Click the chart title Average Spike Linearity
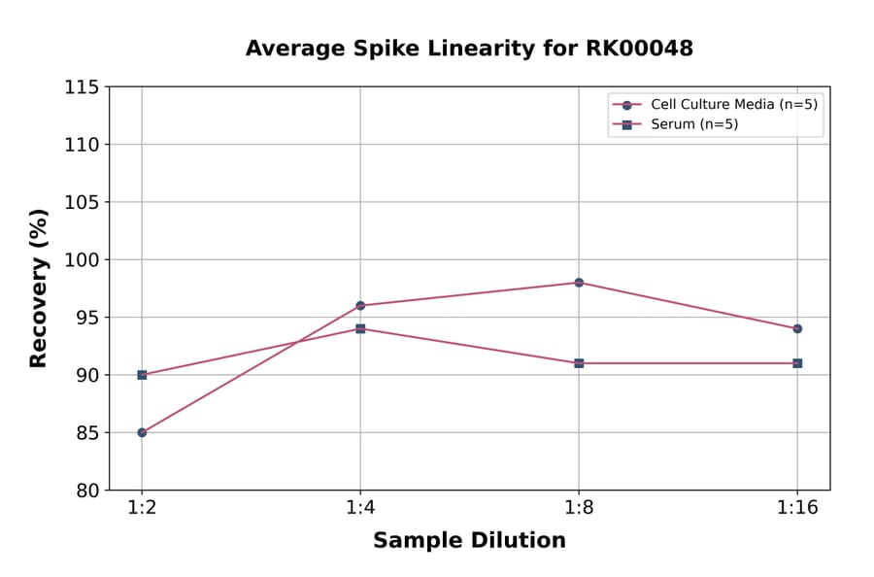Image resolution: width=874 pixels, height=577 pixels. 469,49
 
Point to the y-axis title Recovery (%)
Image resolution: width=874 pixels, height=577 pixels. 39,288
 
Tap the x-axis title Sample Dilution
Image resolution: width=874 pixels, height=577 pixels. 469,541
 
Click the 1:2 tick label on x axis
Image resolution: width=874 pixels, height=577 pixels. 142,509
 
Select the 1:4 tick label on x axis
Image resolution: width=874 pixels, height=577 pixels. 360,509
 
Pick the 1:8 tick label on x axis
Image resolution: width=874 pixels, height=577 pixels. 579,509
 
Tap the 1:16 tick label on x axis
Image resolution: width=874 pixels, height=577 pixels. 797,509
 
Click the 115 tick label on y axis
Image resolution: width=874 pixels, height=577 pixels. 82,87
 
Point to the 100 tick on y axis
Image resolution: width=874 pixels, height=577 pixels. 82,260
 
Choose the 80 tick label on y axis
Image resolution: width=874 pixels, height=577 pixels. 85,491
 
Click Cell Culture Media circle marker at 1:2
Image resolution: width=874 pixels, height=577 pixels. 142,432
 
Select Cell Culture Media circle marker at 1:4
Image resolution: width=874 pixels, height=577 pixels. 360,306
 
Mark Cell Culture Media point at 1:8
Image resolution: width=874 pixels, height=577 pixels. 579,283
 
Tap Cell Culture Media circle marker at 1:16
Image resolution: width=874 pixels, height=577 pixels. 797,328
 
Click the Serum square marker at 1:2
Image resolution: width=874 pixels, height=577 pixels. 142,375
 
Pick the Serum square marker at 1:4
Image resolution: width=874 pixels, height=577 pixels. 360,328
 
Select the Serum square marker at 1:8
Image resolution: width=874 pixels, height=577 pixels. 579,363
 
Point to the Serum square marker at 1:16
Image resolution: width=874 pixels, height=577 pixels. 797,363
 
